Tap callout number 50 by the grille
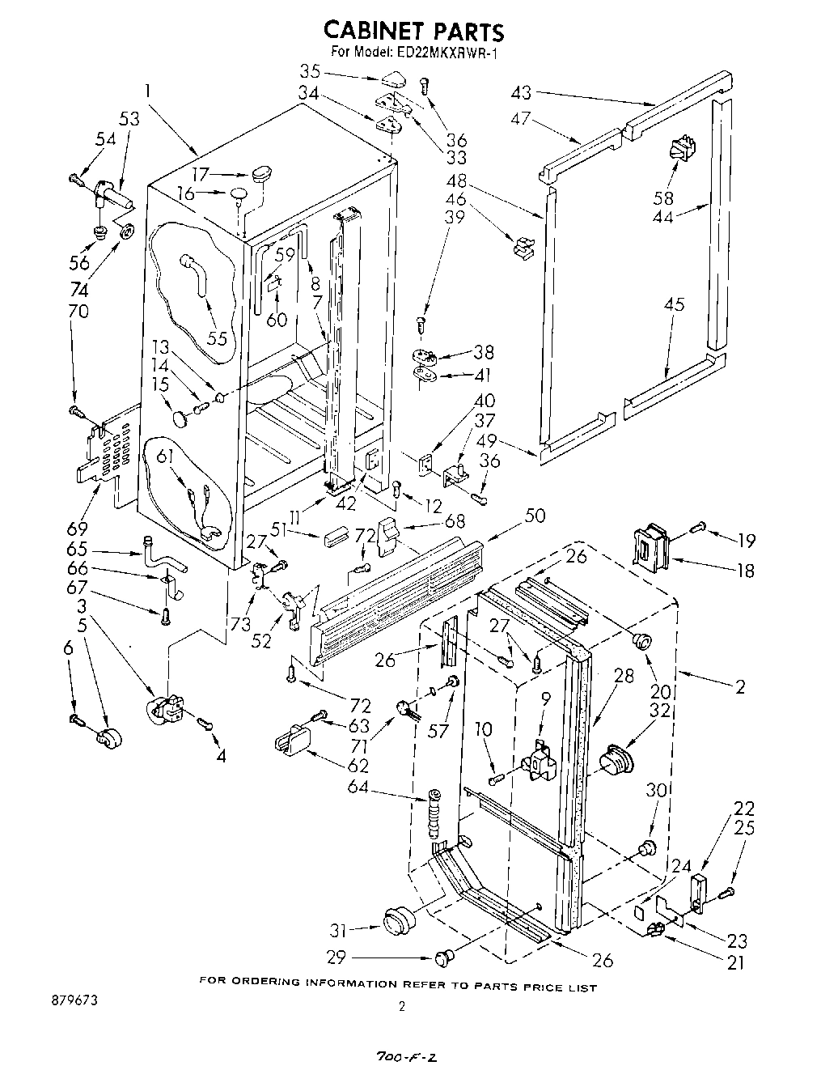[x=535, y=516]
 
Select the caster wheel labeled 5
[x=106, y=737]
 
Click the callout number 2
[x=739, y=686]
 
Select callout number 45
[x=673, y=304]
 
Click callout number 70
[x=78, y=311]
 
